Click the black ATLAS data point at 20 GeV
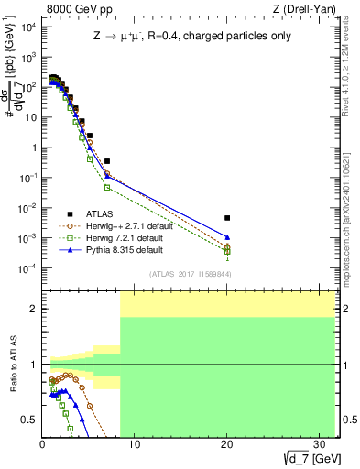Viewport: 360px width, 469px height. click(x=227, y=218)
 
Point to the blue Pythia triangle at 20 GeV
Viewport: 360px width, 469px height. click(x=227, y=237)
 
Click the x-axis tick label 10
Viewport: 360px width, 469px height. click(x=135, y=445)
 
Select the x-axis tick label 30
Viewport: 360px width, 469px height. click(x=321, y=445)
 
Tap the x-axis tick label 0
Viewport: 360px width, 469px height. click(x=42, y=445)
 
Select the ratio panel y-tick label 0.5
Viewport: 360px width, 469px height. click(x=30, y=420)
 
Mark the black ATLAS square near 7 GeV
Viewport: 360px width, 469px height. click(x=107, y=161)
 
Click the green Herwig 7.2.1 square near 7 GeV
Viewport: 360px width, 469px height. click(x=107, y=187)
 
